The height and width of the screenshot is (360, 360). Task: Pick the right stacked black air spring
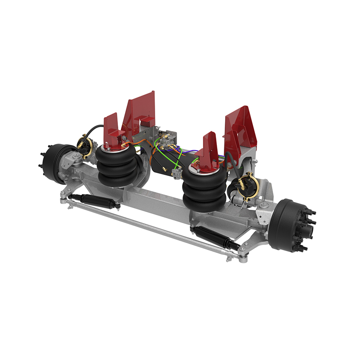point(204,186)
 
